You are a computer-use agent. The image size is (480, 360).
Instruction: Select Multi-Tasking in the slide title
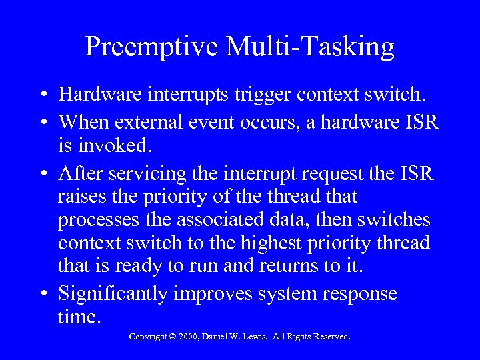311,47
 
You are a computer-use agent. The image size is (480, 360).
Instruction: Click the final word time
79,317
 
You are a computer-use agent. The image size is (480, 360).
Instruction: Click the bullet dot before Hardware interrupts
42,95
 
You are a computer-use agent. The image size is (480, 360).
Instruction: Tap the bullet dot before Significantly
42,295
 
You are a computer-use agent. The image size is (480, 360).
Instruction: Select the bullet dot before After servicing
42,175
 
